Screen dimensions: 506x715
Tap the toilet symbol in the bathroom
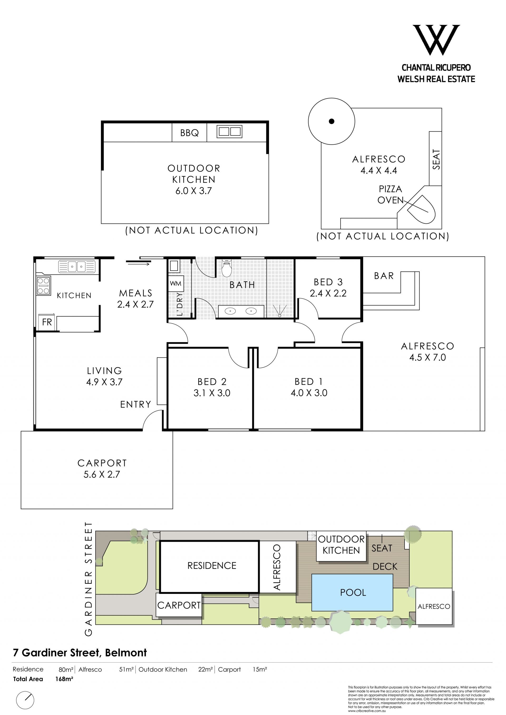pos(227,268)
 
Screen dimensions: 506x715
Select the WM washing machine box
pos(176,283)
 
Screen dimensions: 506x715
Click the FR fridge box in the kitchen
pos(47,322)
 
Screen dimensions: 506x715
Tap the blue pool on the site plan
pos(352,592)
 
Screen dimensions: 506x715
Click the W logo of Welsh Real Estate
pos(436,40)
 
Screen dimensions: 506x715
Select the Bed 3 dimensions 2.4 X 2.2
pos(328,293)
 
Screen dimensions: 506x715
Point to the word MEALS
pos(136,293)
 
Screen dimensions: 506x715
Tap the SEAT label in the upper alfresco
pos(436,159)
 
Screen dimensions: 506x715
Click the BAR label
pos(384,276)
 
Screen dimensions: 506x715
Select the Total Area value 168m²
pos(64,679)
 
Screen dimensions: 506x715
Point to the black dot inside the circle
pos(332,121)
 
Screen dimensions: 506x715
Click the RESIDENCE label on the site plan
pos(212,566)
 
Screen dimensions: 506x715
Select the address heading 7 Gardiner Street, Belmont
pos(80,653)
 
